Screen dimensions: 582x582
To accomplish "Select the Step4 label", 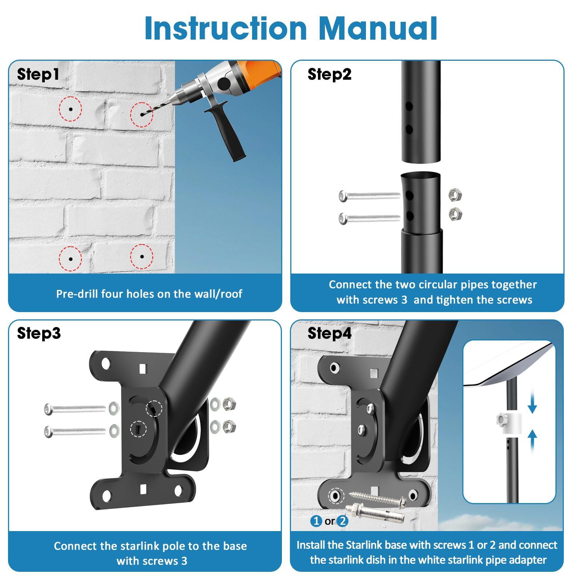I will [x=329, y=333].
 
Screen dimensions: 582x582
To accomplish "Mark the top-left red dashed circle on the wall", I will [x=71, y=109].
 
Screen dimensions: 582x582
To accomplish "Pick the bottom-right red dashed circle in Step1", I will [x=142, y=257].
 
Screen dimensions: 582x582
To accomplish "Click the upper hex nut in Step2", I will [x=455, y=195].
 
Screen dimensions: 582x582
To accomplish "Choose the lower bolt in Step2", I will [x=369, y=219].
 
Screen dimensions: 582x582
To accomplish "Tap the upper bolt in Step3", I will [x=75, y=409].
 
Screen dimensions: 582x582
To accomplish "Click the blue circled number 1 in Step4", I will [x=316, y=521].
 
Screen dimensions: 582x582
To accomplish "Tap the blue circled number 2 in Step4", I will [x=342, y=521].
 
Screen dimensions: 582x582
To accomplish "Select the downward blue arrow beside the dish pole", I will [x=532, y=404].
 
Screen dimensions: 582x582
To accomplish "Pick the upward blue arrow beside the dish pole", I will [x=532, y=439].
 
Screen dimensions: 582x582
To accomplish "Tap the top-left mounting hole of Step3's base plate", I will [x=105, y=363].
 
